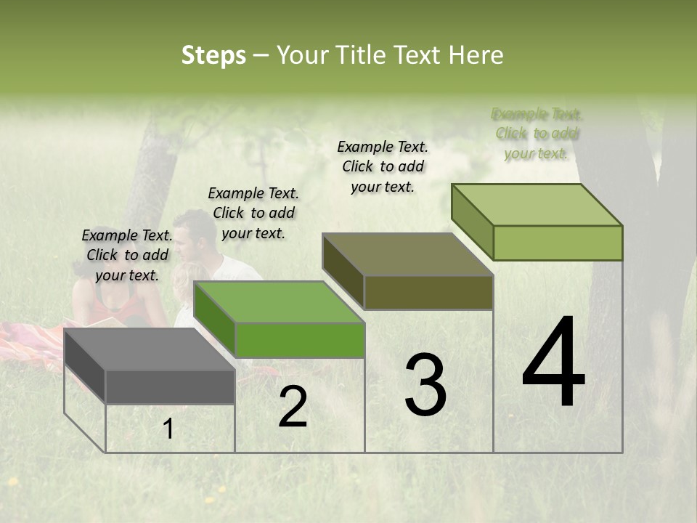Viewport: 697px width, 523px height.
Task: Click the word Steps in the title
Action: click(x=213, y=55)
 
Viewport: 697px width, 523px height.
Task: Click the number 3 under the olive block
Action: click(x=425, y=385)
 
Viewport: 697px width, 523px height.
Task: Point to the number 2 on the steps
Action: click(x=293, y=407)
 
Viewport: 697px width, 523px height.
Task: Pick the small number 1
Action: click(x=168, y=429)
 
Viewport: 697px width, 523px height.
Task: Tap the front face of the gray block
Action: click(x=170, y=386)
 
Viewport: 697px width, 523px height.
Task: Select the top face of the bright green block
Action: click(x=279, y=302)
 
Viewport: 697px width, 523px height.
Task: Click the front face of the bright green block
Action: click(x=299, y=340)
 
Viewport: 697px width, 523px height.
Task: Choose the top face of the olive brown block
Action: click(x=407, y=254)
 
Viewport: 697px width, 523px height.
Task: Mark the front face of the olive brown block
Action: click(x=428, y=292)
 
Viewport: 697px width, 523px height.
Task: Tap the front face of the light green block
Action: click(x=558, y=243)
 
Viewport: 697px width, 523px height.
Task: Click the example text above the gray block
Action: click(x=128, y=256)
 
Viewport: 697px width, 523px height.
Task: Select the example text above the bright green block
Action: click(x=253, y=213)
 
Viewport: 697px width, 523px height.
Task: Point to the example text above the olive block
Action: click(x=383, y=166)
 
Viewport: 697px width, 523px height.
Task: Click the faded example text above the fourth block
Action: click(x=537, y=134)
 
